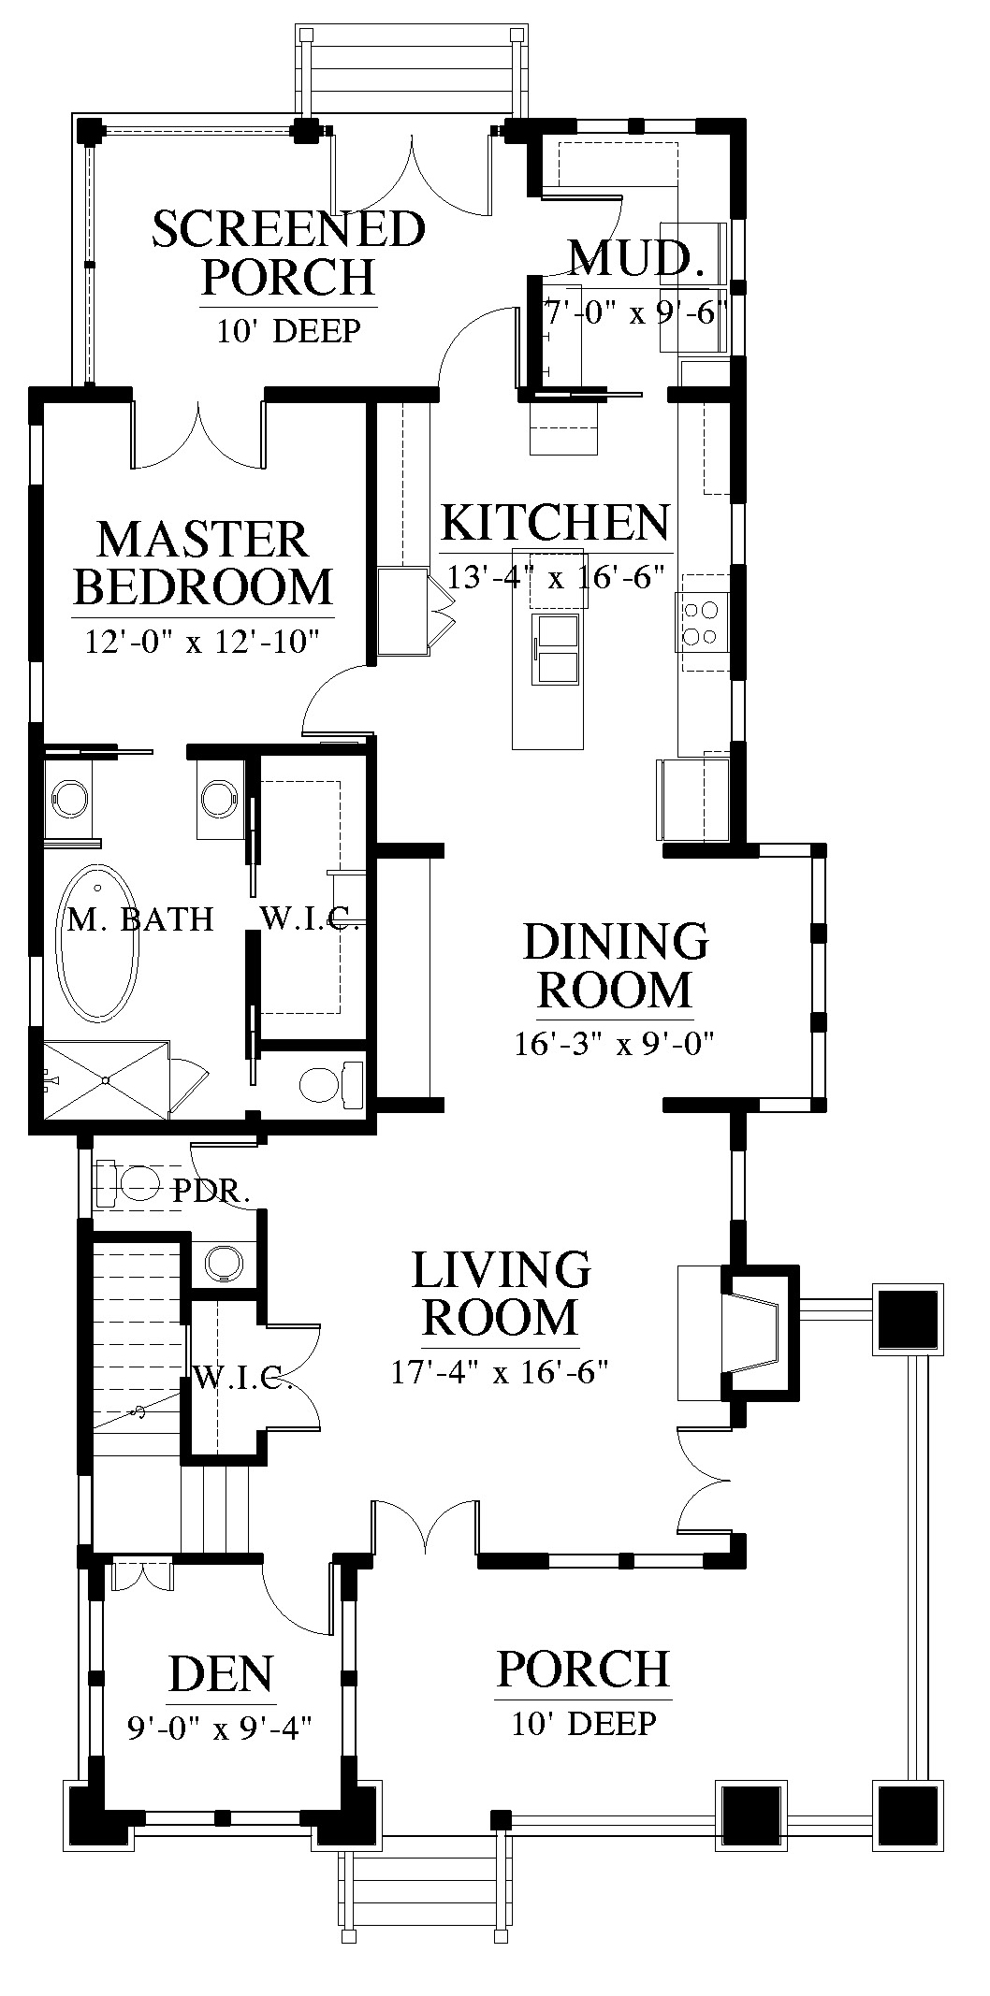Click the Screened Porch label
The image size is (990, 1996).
pyautogui.click(x=288, y=252)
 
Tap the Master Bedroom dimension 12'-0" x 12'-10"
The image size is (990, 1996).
pyautogui.click(x=203, y=643)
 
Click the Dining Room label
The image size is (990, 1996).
pyautogui.click(x=615, y=965)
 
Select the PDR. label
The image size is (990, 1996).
pyautogui.click(x=212, y=1192)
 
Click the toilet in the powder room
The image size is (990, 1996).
pyautogui.click(x=132, y=1183)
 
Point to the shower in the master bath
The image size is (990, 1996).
pyautogui.click(x=105, y=1078)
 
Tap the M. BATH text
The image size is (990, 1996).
pyautogui.click(x=141, y=918)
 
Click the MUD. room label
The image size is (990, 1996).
pyautogui.click(x=637, y=259)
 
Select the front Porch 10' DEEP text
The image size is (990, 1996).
pyautogui.click(x=584, y=1723)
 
